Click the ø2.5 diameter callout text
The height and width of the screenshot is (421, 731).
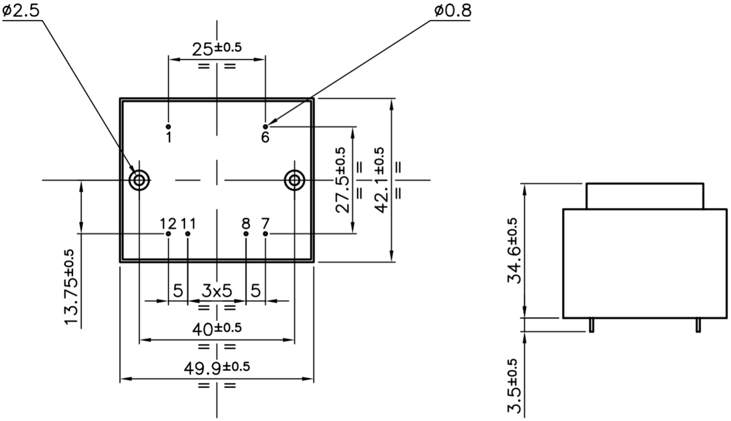(21, 10)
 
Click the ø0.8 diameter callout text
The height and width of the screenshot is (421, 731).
(453, 11)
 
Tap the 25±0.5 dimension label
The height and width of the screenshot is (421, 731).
(217, 49)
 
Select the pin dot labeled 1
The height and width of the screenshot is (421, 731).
(168, 127)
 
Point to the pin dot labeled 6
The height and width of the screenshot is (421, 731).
(265, 127)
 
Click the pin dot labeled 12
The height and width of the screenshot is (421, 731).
(168, 234)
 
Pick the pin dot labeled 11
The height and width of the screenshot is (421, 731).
(187, 234)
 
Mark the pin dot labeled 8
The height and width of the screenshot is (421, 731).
(246, 234)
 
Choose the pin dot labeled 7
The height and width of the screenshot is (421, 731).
(265, 234)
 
